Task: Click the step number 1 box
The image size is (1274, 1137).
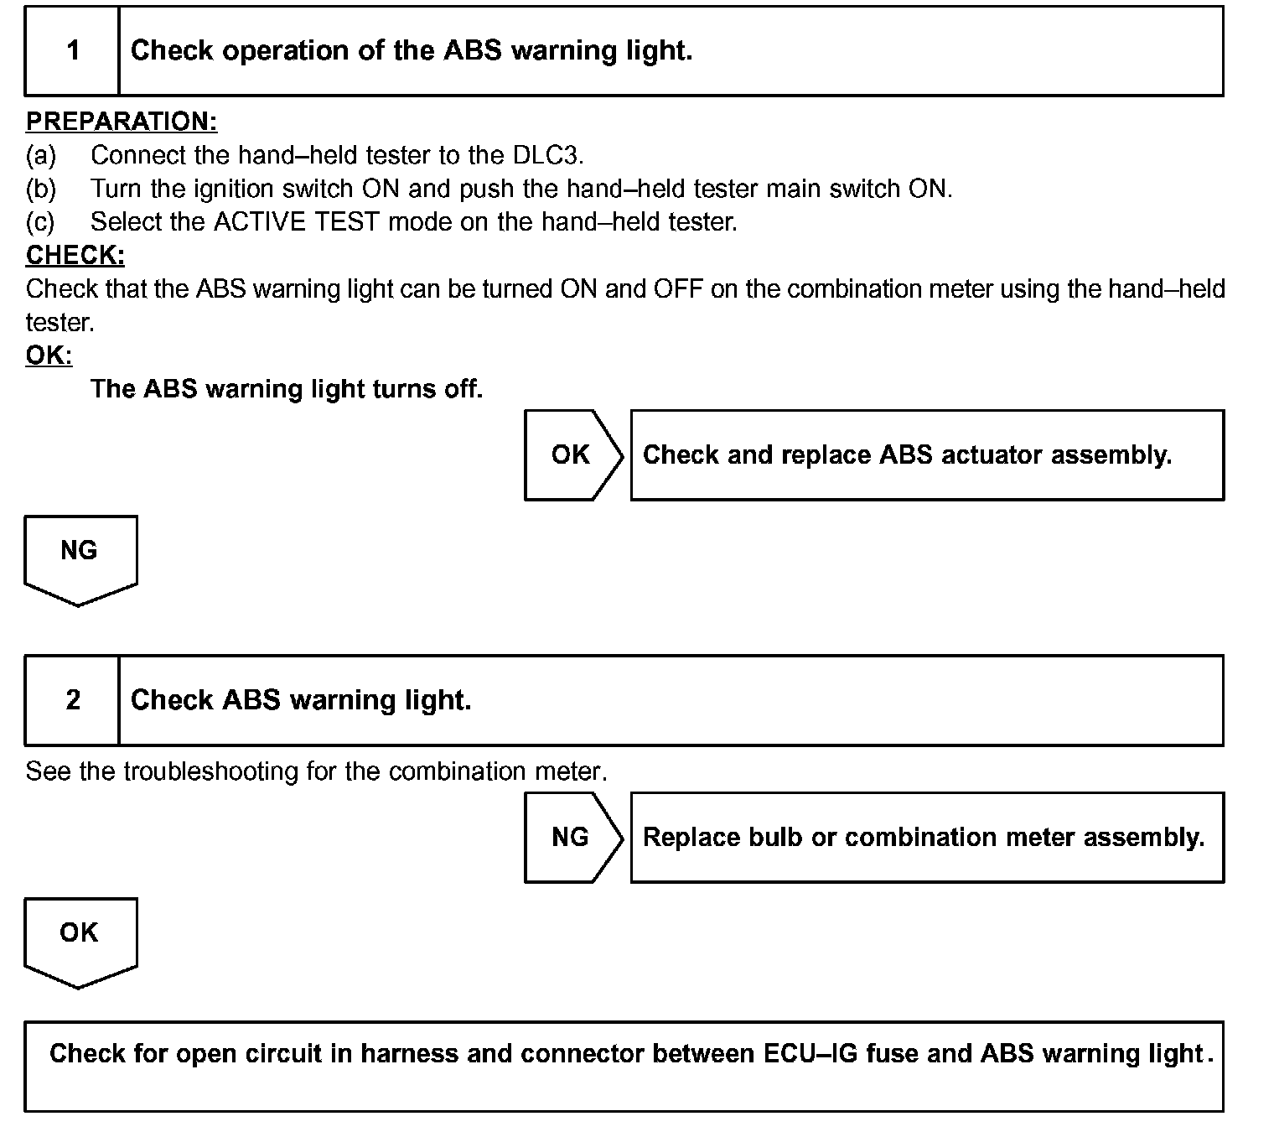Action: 72,51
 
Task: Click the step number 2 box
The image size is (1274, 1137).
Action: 72,700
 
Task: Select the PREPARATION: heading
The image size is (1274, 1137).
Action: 122,122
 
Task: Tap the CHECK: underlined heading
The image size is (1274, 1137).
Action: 75,255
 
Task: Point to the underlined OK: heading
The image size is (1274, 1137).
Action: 49,356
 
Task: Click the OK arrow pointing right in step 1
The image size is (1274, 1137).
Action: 572,454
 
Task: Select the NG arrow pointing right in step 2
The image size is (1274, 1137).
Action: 572,837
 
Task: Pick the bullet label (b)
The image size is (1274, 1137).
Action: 41,189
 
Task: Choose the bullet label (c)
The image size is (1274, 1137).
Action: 40,222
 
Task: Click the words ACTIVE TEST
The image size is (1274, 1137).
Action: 297,222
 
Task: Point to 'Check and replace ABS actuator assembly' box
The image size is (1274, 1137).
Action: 926,454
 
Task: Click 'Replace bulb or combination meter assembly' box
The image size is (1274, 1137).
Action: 926,837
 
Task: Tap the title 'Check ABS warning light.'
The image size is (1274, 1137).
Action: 301,700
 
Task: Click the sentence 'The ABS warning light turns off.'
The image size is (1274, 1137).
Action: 287,389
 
